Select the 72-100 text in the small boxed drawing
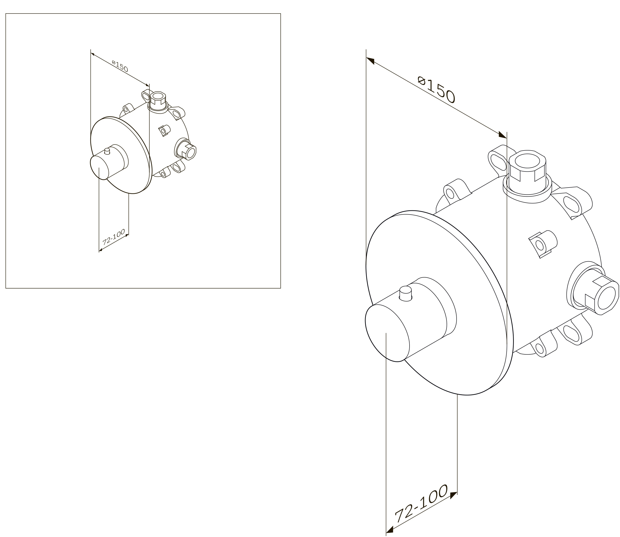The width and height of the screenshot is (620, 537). [x=114, y=237]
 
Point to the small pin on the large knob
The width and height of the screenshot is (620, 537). [x=406, y=293]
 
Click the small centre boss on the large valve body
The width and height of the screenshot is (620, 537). [x=543, y=244]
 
